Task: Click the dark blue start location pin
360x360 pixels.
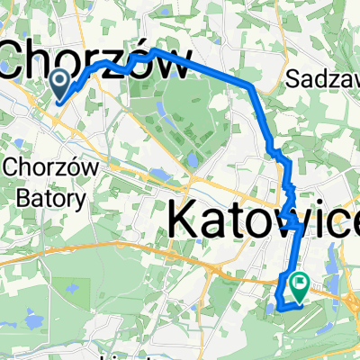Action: pos(60,85)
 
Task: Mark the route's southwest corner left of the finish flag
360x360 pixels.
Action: pos(278,307)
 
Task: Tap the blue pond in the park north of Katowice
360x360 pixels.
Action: pos(192,160)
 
